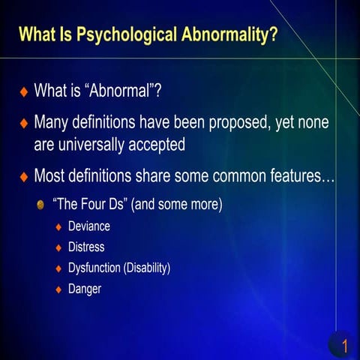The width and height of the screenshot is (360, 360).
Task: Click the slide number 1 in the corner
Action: click(x=344, y=346)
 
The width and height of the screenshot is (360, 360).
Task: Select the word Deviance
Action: click(x=88, y=226)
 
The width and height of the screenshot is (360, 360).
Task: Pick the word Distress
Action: click(x=85, y=247)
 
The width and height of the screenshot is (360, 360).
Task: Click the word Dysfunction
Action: click(x=96, y=267)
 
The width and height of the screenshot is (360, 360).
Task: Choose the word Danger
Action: click(x=84, y=288)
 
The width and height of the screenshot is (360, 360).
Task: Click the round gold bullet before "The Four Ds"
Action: click(x=41, y=204)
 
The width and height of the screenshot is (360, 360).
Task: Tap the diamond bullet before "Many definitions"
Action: click(x=23, y=123)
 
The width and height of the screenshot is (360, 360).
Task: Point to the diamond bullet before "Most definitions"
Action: click(x=23, y=178)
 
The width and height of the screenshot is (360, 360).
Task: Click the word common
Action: click(x=226, y=177)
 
